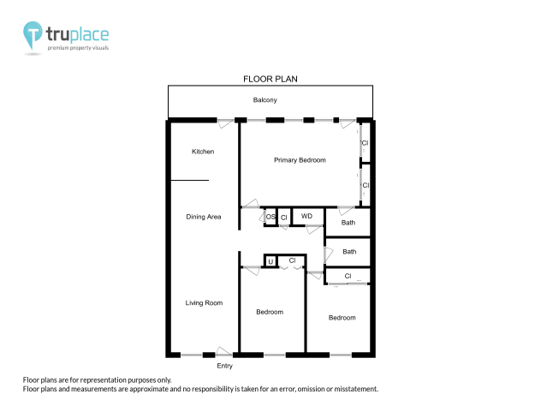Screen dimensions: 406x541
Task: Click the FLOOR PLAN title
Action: [270, 79]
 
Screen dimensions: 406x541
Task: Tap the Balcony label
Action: [265, 100]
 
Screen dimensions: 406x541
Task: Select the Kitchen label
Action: [203, 152]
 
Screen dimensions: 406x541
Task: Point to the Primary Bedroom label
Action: [300, 160]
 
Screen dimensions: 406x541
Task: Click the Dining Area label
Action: [204, 217]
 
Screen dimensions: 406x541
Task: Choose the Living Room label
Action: [204, 302]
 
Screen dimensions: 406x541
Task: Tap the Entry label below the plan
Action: [224, 366]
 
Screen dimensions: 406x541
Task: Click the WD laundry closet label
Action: [306, 217]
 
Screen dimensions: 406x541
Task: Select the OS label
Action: [270, 218]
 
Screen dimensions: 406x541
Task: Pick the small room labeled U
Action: [270, 261]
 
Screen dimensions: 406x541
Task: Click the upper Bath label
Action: [348, 223]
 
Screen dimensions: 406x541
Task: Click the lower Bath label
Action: [349, 252]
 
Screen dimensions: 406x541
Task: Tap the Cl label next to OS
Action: [283, 218]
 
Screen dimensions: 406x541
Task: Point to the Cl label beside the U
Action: [292, 260]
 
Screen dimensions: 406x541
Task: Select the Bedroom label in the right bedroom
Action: [342, 318]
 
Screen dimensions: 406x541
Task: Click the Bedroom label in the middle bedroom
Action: [270, 312]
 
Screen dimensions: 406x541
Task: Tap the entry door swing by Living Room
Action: [225, 351]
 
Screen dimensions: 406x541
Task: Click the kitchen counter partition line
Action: [189, 181]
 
